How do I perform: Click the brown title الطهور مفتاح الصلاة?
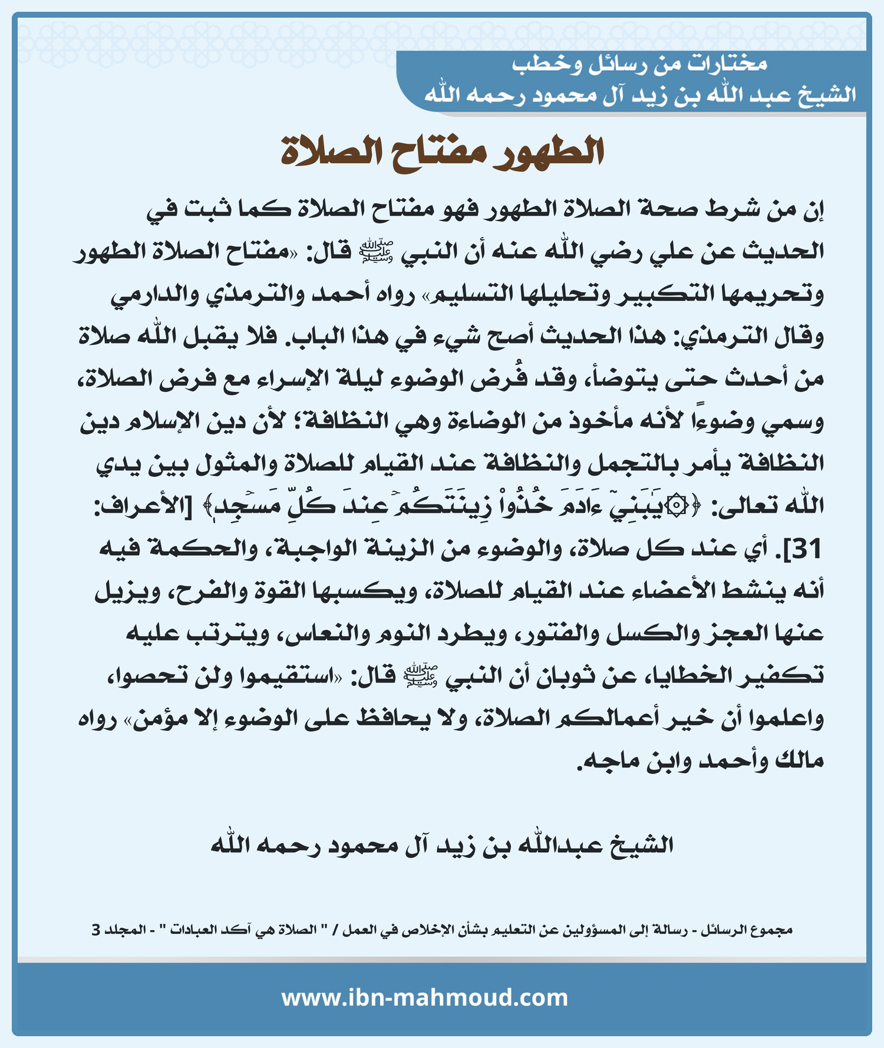point(442,152)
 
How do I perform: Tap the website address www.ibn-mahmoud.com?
point(424,998)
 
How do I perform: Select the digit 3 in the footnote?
point(96,930)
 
